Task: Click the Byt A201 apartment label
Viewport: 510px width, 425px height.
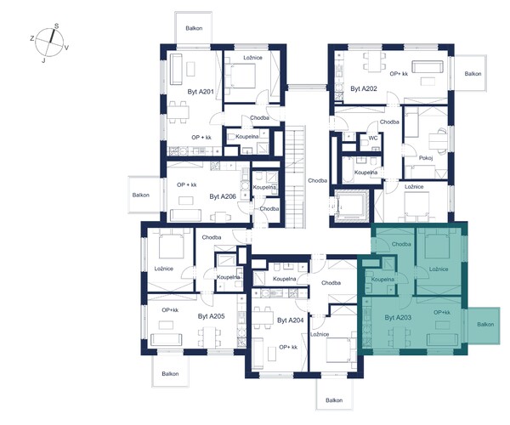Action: tap(201, 92)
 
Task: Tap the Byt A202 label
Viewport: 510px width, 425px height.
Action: tap(364, 88)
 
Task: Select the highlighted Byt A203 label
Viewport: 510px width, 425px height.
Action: tap(398, 317)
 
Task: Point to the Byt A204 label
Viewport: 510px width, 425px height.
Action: tap(290, 320)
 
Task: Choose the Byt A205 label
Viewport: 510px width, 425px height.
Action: tap(211, 316)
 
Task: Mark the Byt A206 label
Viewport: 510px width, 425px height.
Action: tap(223, 196)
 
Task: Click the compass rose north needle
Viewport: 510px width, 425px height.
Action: tap(52, 36)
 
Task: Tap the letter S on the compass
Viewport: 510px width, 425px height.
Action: tap(56, 26)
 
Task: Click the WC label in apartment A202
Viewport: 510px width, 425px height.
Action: tap(373, 138)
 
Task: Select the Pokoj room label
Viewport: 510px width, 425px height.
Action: tap(426, 158)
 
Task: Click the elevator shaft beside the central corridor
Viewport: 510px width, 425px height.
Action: tap(352, 206)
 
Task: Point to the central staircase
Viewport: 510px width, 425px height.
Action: tap(295, 176)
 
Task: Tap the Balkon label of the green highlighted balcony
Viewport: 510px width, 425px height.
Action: tap(485, 324)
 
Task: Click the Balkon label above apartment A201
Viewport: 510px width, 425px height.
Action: tap(194, 28)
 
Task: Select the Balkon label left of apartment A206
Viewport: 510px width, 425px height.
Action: tap(141, 195)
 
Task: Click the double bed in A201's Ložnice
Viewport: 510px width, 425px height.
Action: tap(240, 75)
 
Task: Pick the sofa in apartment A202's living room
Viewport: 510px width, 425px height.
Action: tap(428, 66)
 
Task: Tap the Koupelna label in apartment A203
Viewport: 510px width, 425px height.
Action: tap(382, 280)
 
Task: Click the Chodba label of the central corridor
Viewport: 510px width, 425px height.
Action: tap(317, 180)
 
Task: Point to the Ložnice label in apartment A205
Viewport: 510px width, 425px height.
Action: tap(163, 269)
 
